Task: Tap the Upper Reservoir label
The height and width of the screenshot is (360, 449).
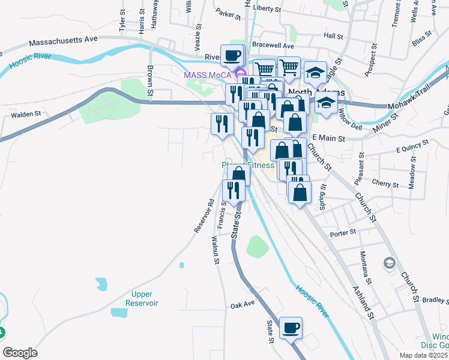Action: pos(142,298)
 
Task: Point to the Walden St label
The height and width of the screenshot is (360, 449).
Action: pos(25,113)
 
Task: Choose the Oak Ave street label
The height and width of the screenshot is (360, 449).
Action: pos(243,305)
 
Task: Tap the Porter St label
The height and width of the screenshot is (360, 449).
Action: pos(343,232)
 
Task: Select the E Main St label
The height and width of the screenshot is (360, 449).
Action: pos(327,138)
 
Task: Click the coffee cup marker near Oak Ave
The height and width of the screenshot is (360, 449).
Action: pos(291,328)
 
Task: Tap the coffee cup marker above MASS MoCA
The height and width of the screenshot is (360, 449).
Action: pos(232,56)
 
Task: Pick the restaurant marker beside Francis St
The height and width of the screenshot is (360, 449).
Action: pos(233,190)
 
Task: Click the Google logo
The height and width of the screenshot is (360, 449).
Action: pos(20,353)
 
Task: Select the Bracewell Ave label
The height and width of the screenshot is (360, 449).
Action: pos(273,46)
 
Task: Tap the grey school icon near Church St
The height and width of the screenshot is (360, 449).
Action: pos(389,263)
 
